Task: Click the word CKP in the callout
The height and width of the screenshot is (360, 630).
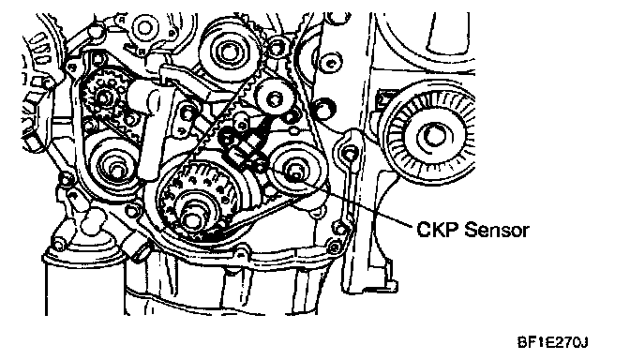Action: (438, 230)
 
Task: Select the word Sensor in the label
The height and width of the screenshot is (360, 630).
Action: (497, 230)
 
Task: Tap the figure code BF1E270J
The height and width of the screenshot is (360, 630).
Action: (552, 342)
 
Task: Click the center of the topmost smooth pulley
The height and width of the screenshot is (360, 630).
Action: (228, 52)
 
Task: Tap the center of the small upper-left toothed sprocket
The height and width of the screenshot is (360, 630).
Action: (103, 97)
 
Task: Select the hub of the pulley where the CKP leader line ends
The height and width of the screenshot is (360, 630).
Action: (294, 171)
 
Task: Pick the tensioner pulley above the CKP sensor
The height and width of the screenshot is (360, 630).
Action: (275, 97)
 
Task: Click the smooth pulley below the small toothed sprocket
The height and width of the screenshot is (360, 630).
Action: (114, 166)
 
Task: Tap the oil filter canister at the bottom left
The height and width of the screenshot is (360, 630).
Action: (83, 281)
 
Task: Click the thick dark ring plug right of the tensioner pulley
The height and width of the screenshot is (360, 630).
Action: (324, 109)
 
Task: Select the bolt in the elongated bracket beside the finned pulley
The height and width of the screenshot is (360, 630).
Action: (350, 154)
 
